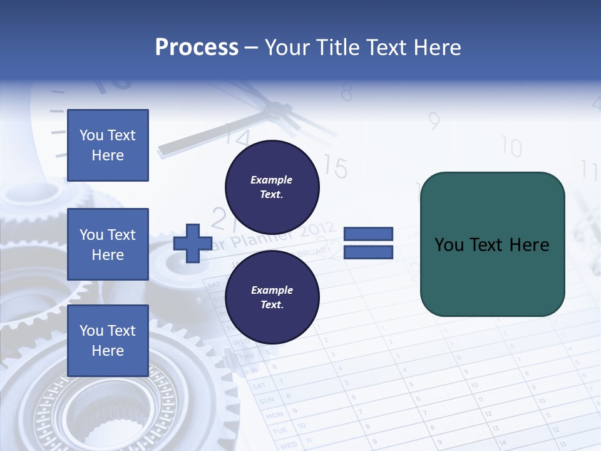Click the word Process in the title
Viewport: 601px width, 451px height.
point(197,47)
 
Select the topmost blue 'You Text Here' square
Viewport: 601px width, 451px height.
point(108,145)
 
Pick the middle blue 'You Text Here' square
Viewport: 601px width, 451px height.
point(108,244)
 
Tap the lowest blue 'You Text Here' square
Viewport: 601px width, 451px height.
point(108,340)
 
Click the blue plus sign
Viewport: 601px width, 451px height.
point(193,243)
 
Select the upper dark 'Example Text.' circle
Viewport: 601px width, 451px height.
point(272,187)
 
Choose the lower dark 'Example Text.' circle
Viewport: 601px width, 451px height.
point(272,297)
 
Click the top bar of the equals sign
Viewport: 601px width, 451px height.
point(368,234)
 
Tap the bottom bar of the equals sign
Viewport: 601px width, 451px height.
point(368,252)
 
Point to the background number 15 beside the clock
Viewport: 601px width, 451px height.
point(336,168)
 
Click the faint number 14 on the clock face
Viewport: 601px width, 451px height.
point(237,136)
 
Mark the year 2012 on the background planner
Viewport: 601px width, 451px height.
point(317,230)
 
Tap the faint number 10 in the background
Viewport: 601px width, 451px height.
point(511,148)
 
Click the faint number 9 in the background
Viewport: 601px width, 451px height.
point(434,120)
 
